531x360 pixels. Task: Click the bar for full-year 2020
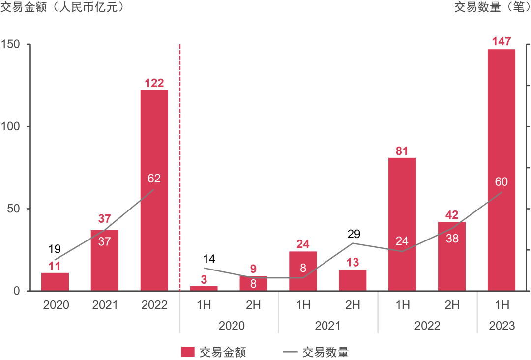[x=55, y=282]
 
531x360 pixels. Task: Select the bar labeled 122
[x=154, y=190]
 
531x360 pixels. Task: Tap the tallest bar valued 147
[x=501, y=170]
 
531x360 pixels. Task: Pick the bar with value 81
[x=402, y=224]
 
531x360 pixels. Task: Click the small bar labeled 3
[x=204, y=288]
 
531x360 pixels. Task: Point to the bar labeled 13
[x=353, y=280]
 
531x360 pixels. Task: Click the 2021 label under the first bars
[x=105, y=305]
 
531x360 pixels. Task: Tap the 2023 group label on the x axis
[x=501, y=326]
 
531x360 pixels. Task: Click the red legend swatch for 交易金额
[x=188, y=352]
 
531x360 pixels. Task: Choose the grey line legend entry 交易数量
[x=315, y=352]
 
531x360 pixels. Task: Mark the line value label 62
[x=154, y=179]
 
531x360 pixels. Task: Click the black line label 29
[x=353, y=234]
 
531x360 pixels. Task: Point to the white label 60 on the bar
[x=501, y=181]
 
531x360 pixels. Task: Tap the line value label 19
[x=55, y=248]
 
